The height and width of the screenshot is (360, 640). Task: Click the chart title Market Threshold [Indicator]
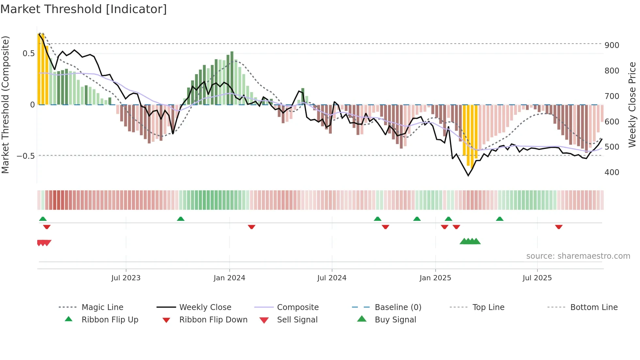(x=84, y=9)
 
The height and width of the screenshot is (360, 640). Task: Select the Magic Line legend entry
(x=102, y=307)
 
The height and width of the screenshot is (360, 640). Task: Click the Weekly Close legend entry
(x=205, y=307)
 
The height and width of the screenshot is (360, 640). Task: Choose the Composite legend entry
(x=297, y=307)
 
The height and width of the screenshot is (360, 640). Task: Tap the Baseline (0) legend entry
(x=398, y=307)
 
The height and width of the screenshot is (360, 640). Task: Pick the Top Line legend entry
(x=488, y=307)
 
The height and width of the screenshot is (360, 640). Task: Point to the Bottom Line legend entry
(x=594, y=307)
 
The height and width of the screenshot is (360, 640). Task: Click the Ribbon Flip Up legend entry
(x=110, y=319)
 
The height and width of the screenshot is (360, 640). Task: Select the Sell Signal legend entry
(x=297, y=319)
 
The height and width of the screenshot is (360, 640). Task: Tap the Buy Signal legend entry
(x=395, y=319)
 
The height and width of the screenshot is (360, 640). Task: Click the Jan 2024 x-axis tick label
(x=229, y=278)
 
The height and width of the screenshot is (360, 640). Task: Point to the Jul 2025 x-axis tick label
(x=537, y=278)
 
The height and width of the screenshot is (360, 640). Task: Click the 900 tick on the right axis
(x=612, y=45)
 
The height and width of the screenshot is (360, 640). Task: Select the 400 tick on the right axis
(x=612, y=172)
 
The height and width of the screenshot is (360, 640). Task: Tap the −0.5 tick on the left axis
(x=25, y=156)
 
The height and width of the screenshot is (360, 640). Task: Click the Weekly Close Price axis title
(x=632, y=105)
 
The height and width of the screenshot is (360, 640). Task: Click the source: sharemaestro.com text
(x=578, y=256)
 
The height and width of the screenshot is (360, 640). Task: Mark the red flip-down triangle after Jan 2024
(x=251, y=227)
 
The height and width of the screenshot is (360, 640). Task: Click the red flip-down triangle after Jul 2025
(x=559, y=227)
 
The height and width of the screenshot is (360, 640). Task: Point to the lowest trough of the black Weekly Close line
(x=468, y=176)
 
